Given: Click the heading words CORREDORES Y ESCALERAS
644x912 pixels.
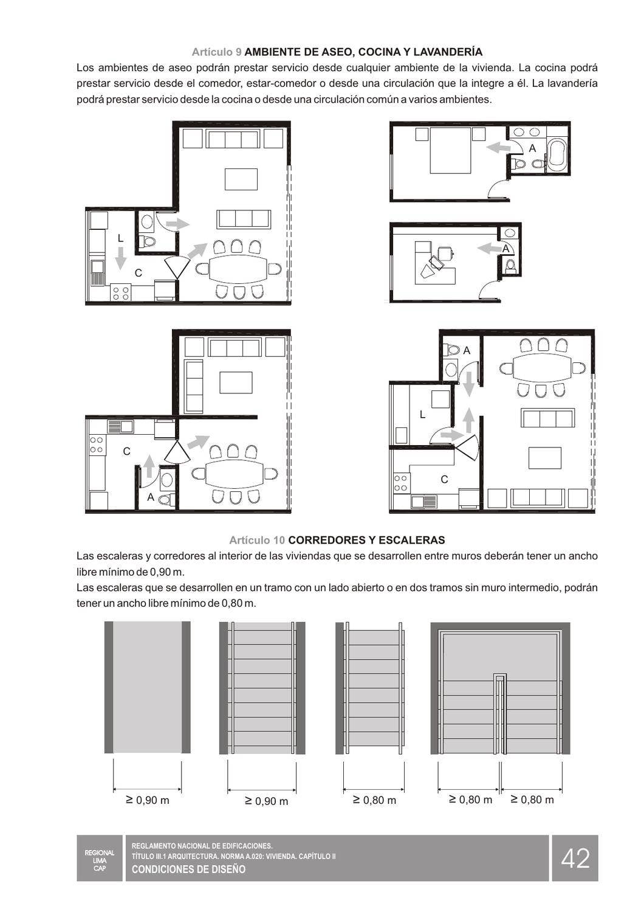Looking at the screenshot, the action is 366,541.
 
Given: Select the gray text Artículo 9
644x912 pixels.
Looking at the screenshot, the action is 217,52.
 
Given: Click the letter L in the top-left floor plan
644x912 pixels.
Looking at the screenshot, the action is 120,238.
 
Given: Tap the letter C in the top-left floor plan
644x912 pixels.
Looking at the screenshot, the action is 139,273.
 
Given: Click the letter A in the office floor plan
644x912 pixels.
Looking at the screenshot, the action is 505,248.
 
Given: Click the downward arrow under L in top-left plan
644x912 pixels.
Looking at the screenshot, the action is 120,258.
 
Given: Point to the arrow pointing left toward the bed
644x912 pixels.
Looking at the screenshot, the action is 498,147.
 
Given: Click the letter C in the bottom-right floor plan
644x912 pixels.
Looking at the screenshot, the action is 444,480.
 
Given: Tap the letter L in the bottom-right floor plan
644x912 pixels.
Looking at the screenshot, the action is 422,415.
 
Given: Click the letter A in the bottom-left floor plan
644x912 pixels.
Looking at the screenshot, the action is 151,497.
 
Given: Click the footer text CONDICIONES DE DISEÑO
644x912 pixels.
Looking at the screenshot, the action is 189,869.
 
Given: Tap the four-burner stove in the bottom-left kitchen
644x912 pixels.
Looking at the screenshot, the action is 97,444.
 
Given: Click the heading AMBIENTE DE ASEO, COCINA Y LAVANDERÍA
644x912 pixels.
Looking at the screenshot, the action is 364,52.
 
